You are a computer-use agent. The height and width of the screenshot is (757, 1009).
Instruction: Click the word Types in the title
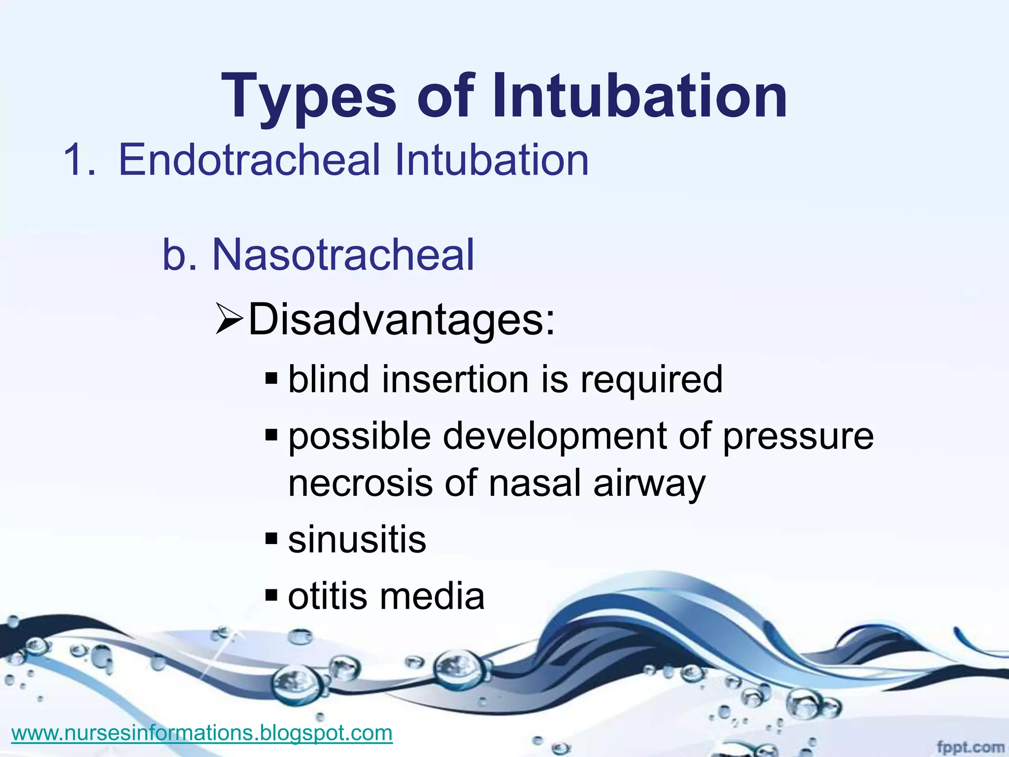(x=308, y=96)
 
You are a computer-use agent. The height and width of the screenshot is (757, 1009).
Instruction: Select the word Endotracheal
(x=249, y=160)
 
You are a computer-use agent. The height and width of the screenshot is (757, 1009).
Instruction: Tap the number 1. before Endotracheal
(x=79, y=160)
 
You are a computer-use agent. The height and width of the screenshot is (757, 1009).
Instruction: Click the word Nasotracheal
(x=343, y=255)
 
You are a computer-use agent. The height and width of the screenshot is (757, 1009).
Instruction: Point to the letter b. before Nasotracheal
(x=179, y=255)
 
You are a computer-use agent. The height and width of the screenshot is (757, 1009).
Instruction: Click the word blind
(x=329, y=380)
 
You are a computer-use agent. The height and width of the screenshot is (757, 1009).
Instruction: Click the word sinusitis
(x=357, y=540)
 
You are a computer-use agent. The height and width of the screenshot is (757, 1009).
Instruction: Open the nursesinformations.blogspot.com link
(x=202, y=733)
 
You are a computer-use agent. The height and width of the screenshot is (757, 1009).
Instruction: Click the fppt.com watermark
(x=970, y=747)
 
